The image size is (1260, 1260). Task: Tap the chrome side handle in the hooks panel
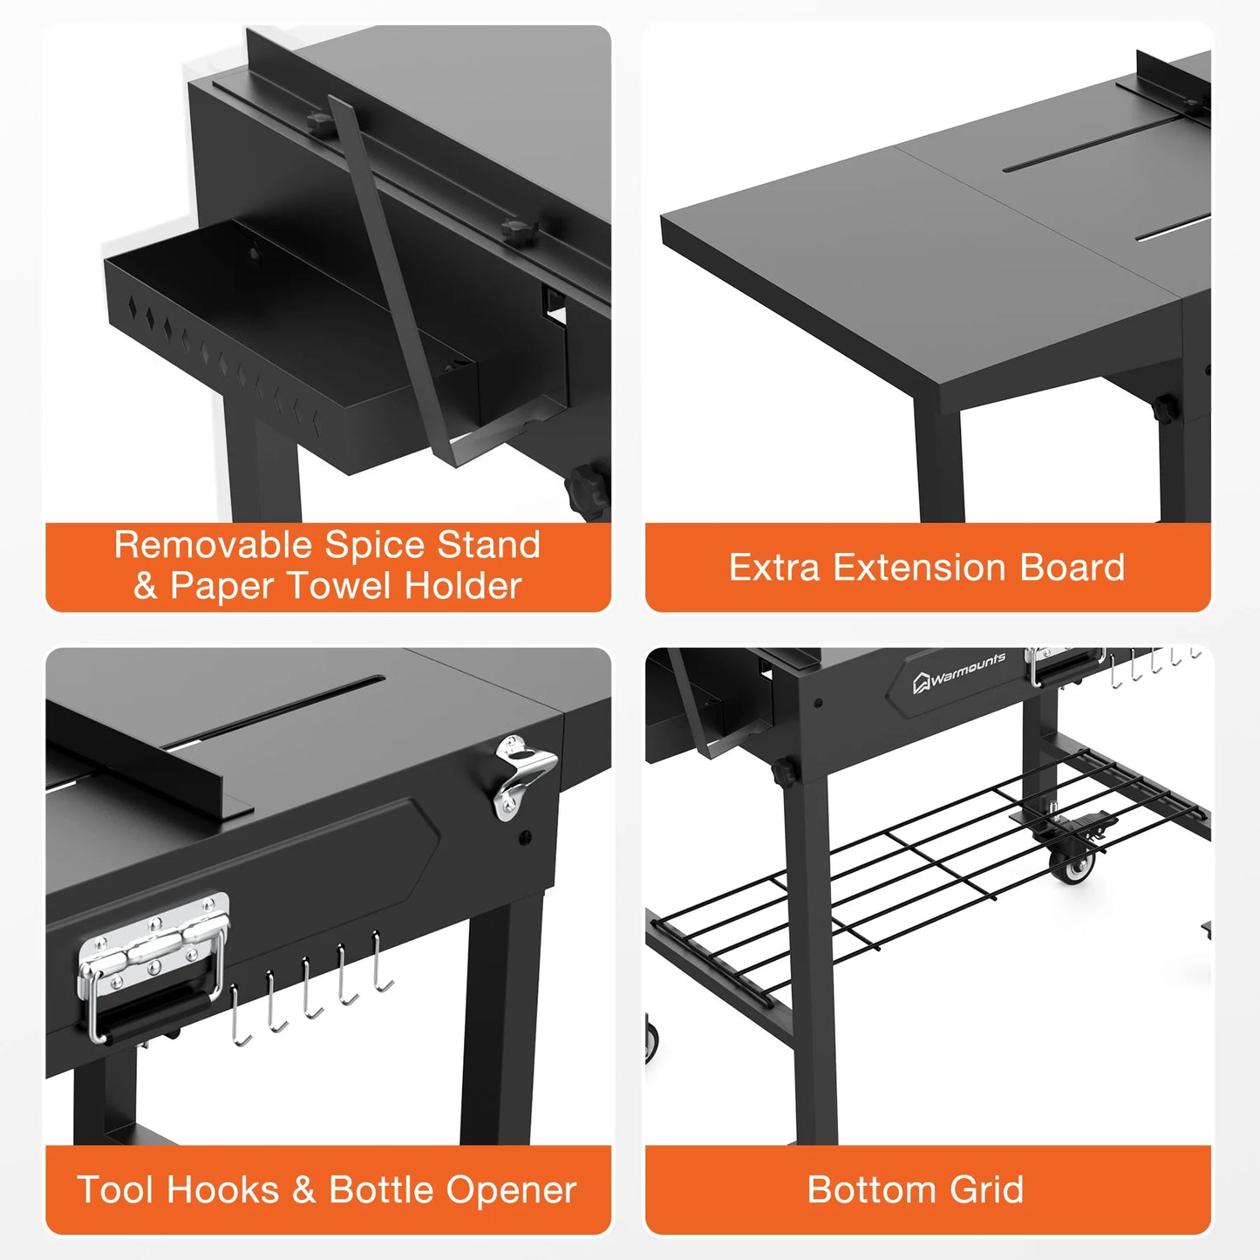[x=153, y=964]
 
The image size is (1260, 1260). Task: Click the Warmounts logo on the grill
[x=959, y=672]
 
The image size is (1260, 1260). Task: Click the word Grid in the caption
[x=986, y=1190]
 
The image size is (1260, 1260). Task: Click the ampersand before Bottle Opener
[x=303, y=1190]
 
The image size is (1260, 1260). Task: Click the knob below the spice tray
[x=587, y=491]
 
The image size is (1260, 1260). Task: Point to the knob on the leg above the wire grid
[x=783, y=772]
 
